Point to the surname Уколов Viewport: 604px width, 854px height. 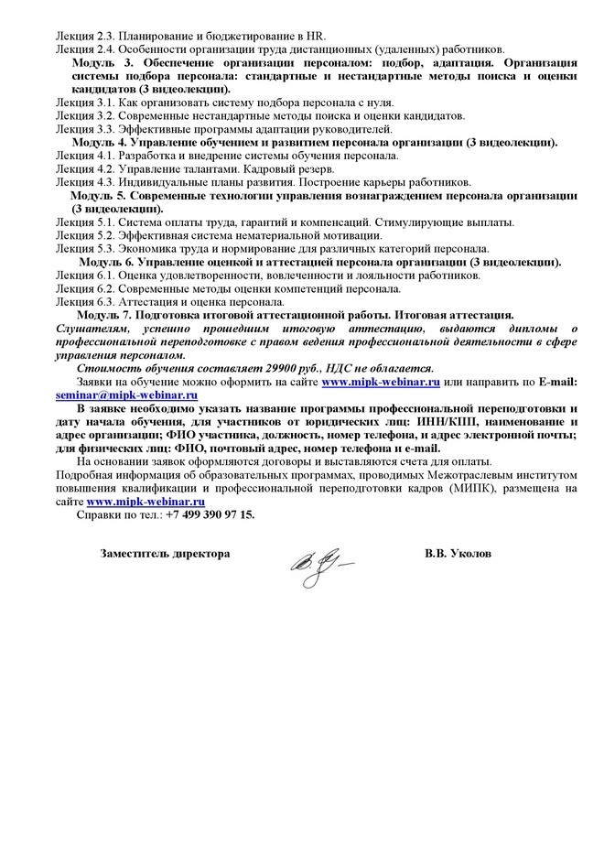click(470, 555)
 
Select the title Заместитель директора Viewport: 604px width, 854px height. click(165, 555)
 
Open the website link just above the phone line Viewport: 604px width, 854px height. click(146, 503)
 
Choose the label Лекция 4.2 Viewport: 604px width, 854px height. click(83, 169)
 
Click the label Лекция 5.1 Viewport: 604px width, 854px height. click(83, 222)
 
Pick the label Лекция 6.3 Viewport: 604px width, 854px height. click(83, 301)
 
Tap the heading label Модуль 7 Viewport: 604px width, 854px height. click(103, 315)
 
